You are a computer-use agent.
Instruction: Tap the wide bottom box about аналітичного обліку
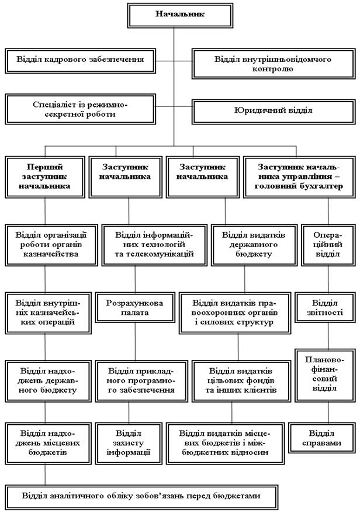click(x=140, y=495)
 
